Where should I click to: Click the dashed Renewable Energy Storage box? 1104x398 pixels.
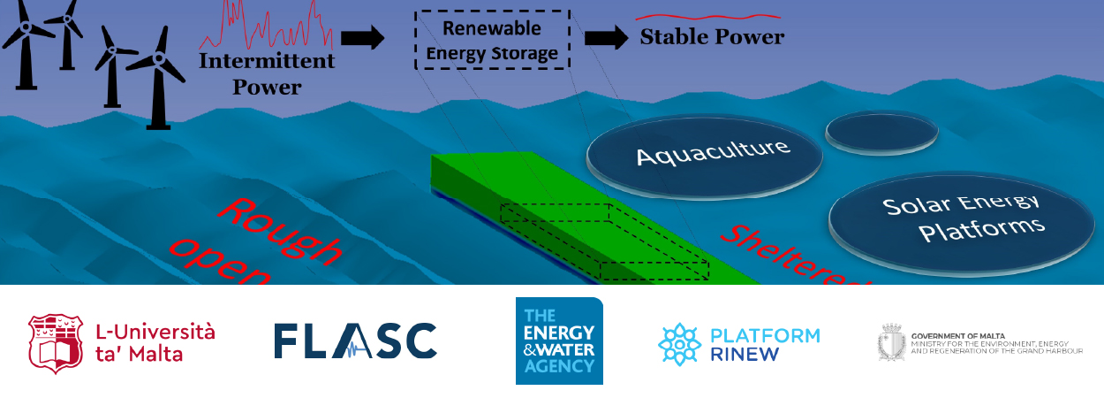click(492, 41)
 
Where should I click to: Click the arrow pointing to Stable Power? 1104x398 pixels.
click(605, 38)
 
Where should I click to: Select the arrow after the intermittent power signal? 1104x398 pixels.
click(362, 38)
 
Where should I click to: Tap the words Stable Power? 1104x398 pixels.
click(711, 38)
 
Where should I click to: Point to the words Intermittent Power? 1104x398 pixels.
click(267, 74)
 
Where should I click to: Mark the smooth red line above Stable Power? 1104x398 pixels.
click(708, 16)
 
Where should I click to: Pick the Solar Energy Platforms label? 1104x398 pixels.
click(963, 217)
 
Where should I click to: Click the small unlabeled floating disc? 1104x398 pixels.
click(881, 132)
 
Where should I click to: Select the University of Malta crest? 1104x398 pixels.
click(57, 342)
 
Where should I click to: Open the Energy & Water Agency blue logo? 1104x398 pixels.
click(559, 341)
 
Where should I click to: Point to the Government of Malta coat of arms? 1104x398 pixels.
click(891, 342)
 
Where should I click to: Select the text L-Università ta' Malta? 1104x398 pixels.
click(155, 342)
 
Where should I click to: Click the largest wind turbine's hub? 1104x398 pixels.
click(159, 60)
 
